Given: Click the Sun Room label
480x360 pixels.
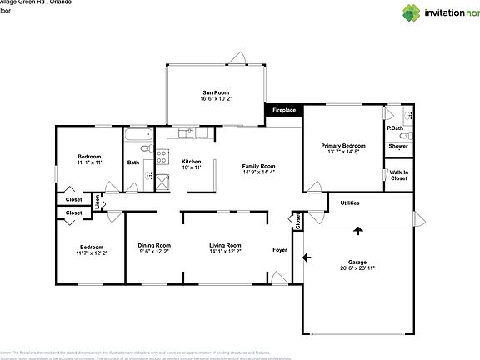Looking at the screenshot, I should tap(215, 92).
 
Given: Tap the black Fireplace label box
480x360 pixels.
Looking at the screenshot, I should tap(284, 109).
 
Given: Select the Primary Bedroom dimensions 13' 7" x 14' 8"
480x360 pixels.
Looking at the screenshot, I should tap(343, 152).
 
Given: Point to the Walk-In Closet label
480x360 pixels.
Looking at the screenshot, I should tap(398, 175).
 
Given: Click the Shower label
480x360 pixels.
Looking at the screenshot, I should tap(398, 147).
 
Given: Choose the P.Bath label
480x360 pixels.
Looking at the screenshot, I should tap(395, 128).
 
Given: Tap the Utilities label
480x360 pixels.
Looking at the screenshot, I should tap(350, 202).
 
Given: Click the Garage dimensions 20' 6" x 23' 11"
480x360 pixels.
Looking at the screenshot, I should tap(357, 268).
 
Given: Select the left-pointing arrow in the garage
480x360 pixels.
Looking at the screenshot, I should tap(309, 257).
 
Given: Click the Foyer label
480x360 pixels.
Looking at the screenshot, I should tap(280, 250).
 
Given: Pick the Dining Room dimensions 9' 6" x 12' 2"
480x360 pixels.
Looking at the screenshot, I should tap(153, 251).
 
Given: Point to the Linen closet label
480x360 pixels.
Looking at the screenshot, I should tap(98, 202).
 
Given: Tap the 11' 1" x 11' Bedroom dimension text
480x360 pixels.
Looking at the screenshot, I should tap(89, 163).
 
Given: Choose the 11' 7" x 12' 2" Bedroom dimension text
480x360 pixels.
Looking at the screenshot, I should tap(92, 252).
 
